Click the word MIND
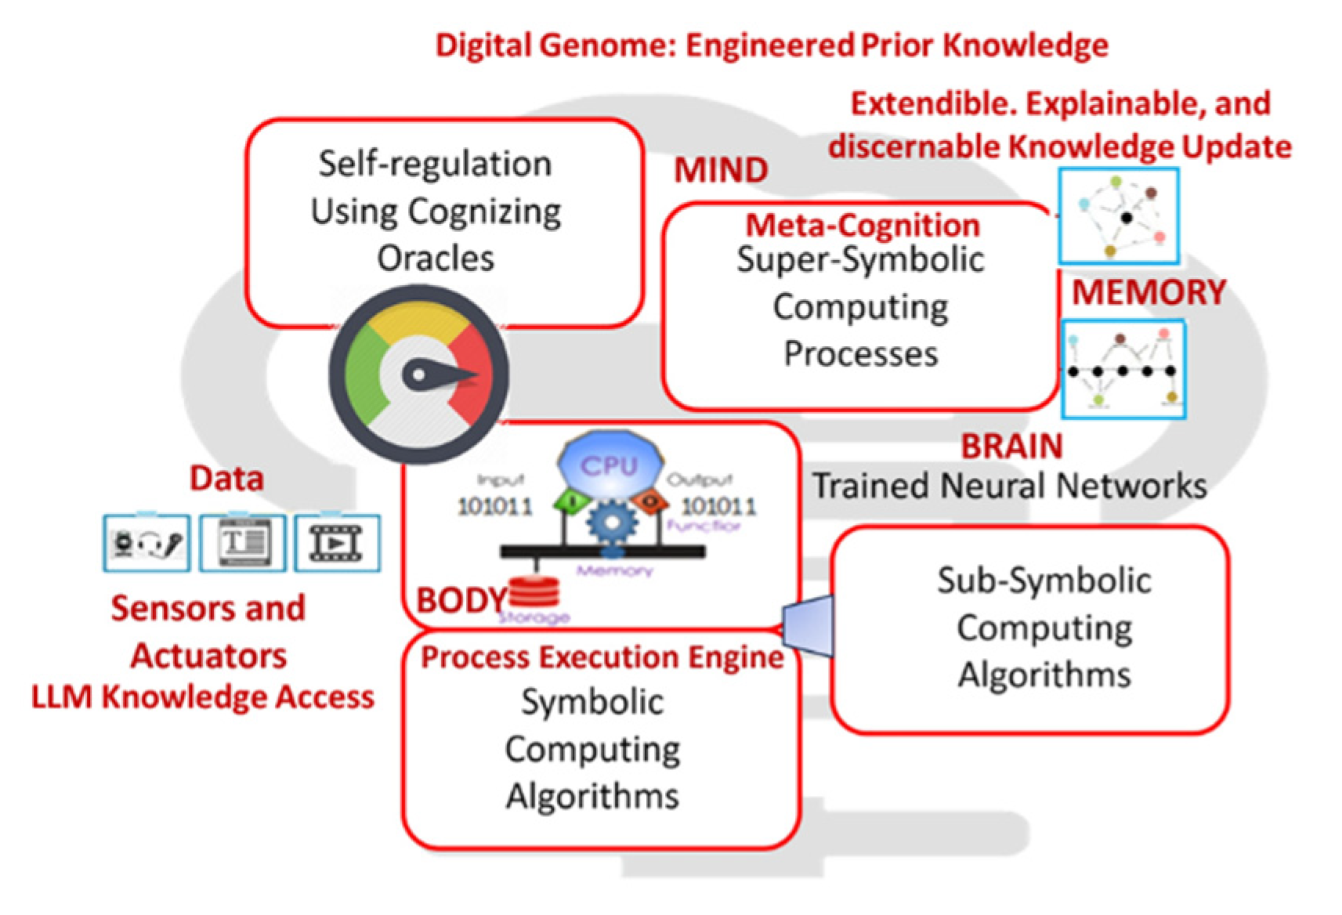pyautogui.click(x=720, y=170)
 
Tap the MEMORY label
pyautogui.click(x=1148, y=292)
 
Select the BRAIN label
pyautogui.click(x=1011, y=446)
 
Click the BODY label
pyautogui.click(x=461, y=601)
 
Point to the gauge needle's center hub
pyautogui.click(x=419, y=375)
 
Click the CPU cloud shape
pyautogui.click(x=610, y=465)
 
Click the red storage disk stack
pyautogui.click(x=534, y=591)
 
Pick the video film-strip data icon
pyautogui.click(x=337, y=543)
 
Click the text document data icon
pyautogui.click(x=242, y=543)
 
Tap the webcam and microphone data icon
pyautogui.click(x=146, y=543)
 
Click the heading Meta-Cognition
pyautogui.click(x=862, y=226)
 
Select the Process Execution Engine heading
pyautogui.click(x=602, y=657)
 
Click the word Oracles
pyautogui.click(x=436, y=259)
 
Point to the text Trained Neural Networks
pyautogui.click(x=1009, y=486)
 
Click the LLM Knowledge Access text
pyautogui.click(x=203, y=696)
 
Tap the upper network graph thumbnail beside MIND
pyautogui.click(x=1118, y=215)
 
